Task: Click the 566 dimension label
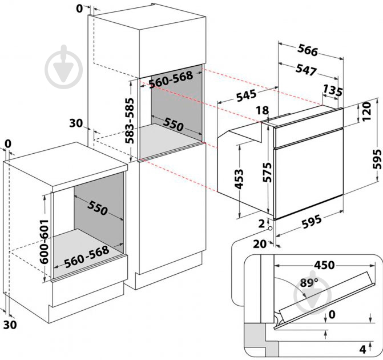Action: (308, 51)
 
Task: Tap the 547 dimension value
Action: (306, 70)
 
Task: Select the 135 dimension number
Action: (332, 91)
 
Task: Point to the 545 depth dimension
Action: (246, 95)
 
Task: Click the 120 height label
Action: (366, 112)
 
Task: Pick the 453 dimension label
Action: (239, 179)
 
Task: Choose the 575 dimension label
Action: (267, 172)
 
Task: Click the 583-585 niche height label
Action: (130, 121)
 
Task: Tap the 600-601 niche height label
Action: (44, 242)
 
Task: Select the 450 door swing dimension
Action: (324, 265)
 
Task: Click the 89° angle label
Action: (309, 283)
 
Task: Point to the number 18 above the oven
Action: (263, 110)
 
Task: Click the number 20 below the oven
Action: (260, 244)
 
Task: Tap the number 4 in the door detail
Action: (363, 350)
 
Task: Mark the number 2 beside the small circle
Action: (261, 223)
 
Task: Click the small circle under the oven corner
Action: (270, 229)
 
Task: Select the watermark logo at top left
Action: (64, 67)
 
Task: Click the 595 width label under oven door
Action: (312, 221)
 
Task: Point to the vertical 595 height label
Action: (377, 159)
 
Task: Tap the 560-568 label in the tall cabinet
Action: (171, 79)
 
